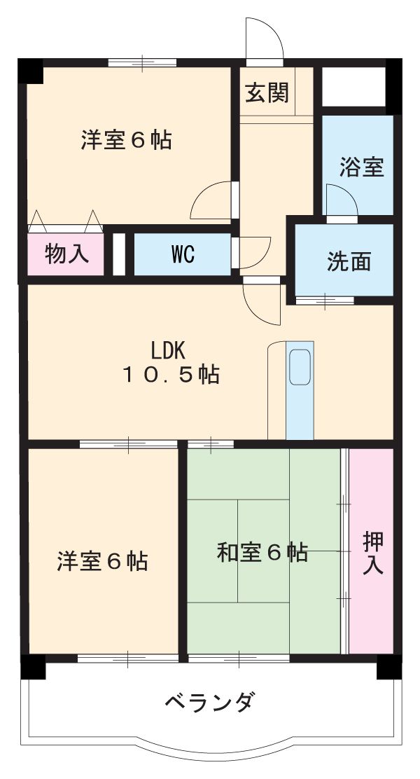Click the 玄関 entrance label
tap(267, 93)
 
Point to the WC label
tap(182, 254)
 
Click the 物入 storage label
tap(67, 254)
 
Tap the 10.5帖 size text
tap(171, 375)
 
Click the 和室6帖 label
tap(262, 553)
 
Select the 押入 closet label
tap(372, 552)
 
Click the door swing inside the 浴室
tap(341, 201)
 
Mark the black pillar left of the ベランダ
tap(32, 667)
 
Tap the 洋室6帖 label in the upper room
tap(126, 140)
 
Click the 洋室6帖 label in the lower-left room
tap(102, 560)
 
